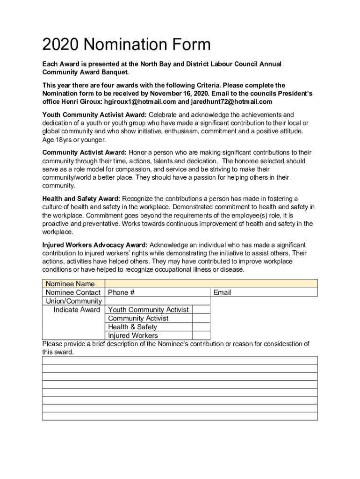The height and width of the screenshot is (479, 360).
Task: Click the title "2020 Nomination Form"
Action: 126,45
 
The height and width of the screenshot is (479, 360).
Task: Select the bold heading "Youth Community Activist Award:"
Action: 94,115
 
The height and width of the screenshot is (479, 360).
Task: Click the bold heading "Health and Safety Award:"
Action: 81,198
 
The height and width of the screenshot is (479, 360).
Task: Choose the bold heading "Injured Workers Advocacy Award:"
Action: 95,245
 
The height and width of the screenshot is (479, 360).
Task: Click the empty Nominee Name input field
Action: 211,283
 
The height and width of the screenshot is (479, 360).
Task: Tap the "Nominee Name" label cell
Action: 70,284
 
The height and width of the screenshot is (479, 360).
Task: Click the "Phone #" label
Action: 121,292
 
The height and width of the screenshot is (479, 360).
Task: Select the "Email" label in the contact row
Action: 222,292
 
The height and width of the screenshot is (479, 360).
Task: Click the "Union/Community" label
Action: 73,301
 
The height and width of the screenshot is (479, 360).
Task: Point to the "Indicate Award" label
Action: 77,310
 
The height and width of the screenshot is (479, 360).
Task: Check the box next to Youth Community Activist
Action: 201,310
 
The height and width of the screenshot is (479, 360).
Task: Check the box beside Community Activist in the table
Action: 201,318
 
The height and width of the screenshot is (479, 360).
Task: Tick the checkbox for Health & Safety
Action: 201,327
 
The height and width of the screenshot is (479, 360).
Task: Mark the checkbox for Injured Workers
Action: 201,335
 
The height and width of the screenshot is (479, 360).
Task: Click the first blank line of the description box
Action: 180,360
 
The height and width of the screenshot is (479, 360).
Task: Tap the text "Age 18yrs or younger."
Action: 74,140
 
